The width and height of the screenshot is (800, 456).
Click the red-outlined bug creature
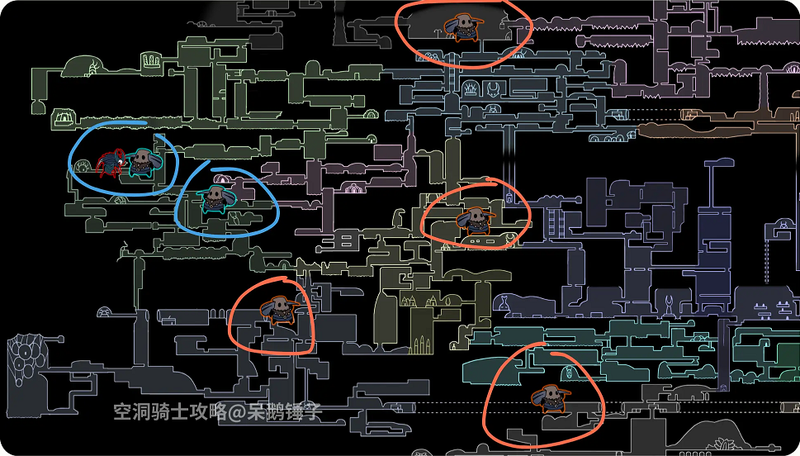[x=110, y=164]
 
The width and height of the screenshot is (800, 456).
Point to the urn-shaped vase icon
[x=503, y=302]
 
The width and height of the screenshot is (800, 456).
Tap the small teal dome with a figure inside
[x=568, y=358]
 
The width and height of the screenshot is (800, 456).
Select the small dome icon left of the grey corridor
[x=105, y=312]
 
